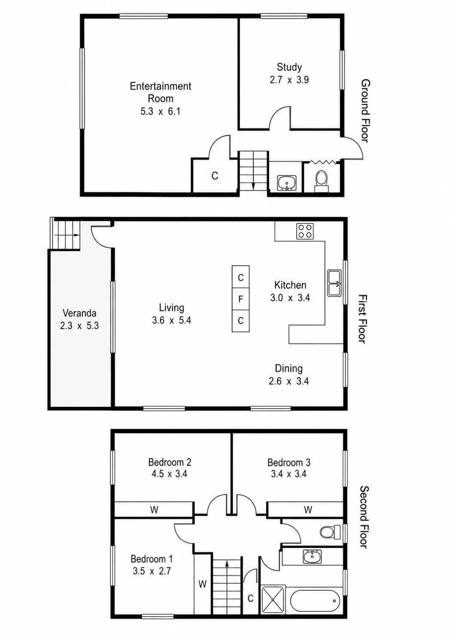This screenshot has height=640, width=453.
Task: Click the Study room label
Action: [289, 67]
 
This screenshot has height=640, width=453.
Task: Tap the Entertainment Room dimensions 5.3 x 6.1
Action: [160, 112]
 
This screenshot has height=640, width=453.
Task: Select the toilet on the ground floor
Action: [322, 181]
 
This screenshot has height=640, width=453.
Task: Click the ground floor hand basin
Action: [287, 183]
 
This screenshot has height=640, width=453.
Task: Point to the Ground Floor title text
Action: [365, 111]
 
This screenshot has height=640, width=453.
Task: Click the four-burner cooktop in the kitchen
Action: [305, 231]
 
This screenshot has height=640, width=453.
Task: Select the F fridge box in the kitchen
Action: [240, 299]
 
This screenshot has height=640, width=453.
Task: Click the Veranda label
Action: [79, 313]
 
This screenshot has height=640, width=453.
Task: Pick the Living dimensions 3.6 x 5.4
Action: [171, 321]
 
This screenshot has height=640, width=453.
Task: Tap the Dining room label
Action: [289, 369]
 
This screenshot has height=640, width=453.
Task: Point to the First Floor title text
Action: [362, 319]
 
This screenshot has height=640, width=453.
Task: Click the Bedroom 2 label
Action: [170, 462]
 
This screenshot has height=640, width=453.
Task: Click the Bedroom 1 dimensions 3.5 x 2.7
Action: [152, 571]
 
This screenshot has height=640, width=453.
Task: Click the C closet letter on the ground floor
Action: [215, 176]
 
